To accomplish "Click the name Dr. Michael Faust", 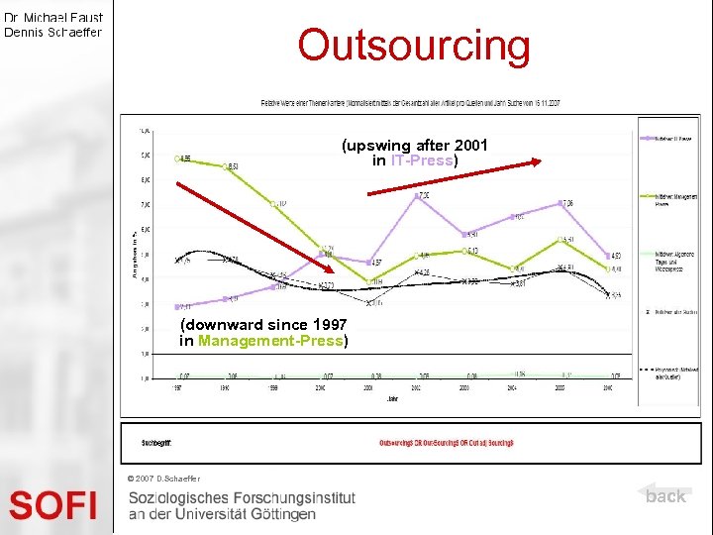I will click(53, 17).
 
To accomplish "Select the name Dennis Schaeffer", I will click(53, 32).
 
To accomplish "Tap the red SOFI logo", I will click(53, 505).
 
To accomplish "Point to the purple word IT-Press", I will click(421, 160).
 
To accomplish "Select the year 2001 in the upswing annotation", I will click(468, 146).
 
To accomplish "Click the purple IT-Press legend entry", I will click(670, 137).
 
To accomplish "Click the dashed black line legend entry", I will click(670, 372).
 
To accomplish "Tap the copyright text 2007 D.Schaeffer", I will click(164, 479).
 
